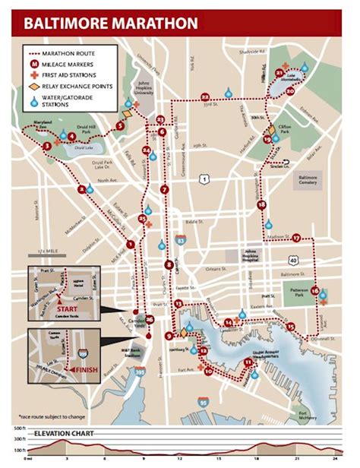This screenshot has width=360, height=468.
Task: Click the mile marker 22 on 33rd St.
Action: (206, 96)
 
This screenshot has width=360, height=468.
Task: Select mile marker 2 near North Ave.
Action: (81, 189)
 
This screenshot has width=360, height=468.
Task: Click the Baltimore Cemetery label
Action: (311, 179)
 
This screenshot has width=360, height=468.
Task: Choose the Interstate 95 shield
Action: (201, 397)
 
